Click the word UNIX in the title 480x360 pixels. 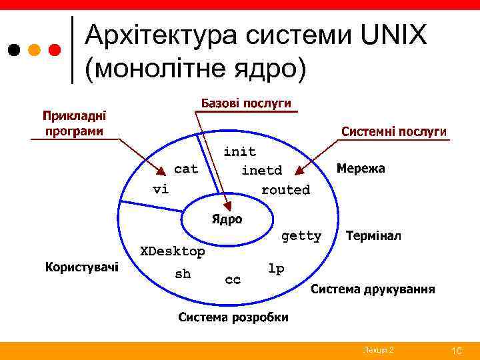(x=395, y=35)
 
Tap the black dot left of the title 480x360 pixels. (x=14, y=50)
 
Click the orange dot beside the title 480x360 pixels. (x=35, y=50)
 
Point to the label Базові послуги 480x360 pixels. (x=247, y=103)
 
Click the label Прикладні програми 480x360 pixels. (x=75, y=123)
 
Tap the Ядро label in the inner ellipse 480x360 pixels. (x=227, y=219)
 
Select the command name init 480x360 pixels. (x=239, y=152)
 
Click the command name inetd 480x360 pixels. (x=261, y=171)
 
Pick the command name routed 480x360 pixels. (x=285, y=190)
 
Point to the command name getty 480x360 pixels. (x=301, y=236)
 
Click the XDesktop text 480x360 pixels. (x=171, y=251)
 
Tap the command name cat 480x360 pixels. (x=186, y=169)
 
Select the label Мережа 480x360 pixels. (x=361, y=169)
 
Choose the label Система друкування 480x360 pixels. (x=373, y=289)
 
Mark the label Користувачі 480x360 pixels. (x=82, y=267)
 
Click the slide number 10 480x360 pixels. (x=457, y=351)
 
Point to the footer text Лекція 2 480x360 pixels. (x=378, y=351)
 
